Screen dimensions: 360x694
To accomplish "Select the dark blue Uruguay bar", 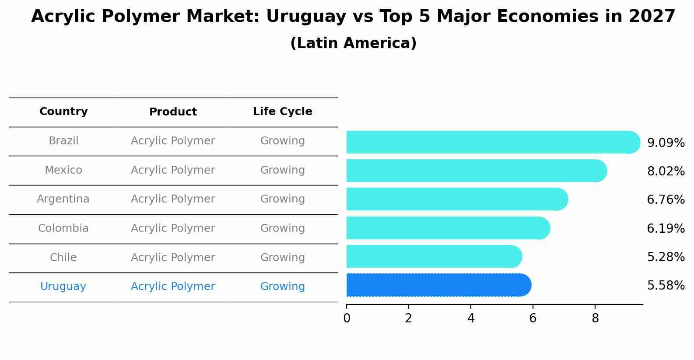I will click(x=438, y=285).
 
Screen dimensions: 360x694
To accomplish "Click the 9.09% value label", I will click(x=666, y=143).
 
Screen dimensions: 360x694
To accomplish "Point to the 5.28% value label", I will click(x=666, y=257).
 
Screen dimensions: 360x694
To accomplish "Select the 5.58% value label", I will click(x=666, y=286).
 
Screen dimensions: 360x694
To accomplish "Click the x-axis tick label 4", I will click(x=471, y=318).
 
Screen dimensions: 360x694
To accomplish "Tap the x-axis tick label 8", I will click(x=595, y=318).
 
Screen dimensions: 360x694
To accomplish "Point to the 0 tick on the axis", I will click(x=347, y=318).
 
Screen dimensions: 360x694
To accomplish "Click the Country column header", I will click(x=63, y=112).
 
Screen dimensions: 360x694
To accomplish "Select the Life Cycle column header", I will click(x=282, y=112).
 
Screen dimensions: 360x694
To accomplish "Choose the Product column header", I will click(x=173, y=112).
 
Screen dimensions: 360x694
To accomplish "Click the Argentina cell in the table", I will click(x=63, y=199).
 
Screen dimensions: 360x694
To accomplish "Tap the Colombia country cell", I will click(x=63, y=228).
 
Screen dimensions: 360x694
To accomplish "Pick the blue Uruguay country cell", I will click(x=63, y=287).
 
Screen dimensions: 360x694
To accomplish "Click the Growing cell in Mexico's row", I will click(x=282, y=170).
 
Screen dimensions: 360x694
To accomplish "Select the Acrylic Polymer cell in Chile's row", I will click(x=173, y=258).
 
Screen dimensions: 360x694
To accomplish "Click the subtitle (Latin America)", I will click(x=353, y=43).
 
